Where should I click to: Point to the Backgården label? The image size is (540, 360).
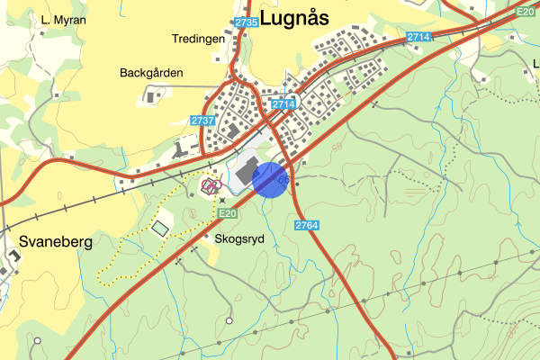[x=150, y=72]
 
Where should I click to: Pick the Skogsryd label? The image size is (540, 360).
[x=240, y=239]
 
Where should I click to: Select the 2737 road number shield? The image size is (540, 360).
[x=203, y=121]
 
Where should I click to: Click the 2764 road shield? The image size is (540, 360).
[x=306, y=224]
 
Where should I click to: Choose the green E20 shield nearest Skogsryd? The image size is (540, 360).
[x=227, y=213]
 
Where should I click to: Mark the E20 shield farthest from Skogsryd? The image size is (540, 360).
[x=526, y=12]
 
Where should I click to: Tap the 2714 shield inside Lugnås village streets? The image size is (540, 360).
[x=283, y=103]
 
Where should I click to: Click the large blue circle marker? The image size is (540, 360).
[x=270, y=178]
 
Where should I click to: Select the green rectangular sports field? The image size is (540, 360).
[x=160, y=229]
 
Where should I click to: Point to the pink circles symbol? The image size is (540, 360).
[x=211, y=186]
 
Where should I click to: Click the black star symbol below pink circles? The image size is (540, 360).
[x=221, y=200]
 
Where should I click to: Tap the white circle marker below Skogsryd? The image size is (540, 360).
[x=229, y=320]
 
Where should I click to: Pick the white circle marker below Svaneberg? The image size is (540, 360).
[x=38, y=340]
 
